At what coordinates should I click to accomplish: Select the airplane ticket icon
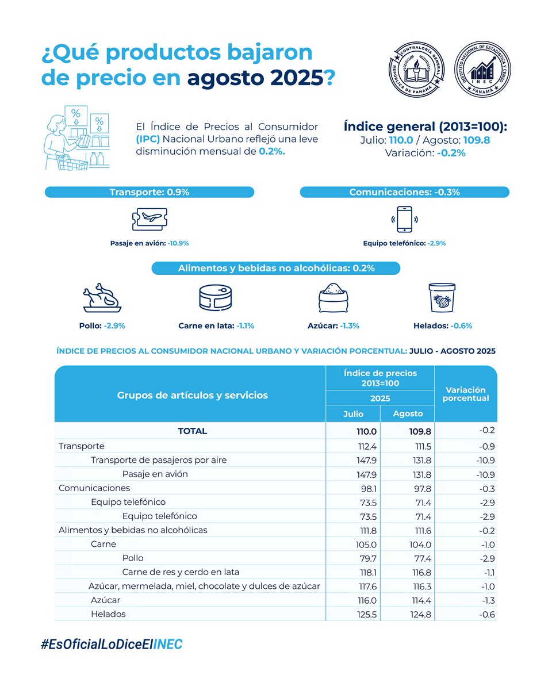[x=149, y=220]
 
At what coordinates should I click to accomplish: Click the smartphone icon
[x=404, y=220]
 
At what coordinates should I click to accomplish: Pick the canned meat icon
[x=216, y=298]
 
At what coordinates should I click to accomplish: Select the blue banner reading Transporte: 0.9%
[x=149, y=192]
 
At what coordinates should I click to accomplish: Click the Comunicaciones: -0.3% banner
[x=404, y=192]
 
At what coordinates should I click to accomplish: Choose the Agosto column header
[x=408, y=413]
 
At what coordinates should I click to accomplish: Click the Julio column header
[x=353, y=413]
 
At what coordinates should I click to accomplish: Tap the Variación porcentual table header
[x=466, y=394]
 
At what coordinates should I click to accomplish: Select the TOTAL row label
[x=192, y=431]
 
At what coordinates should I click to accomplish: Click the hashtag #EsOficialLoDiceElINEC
[x=112, y=645]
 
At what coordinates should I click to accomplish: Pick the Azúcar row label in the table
[x=105, y=600]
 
